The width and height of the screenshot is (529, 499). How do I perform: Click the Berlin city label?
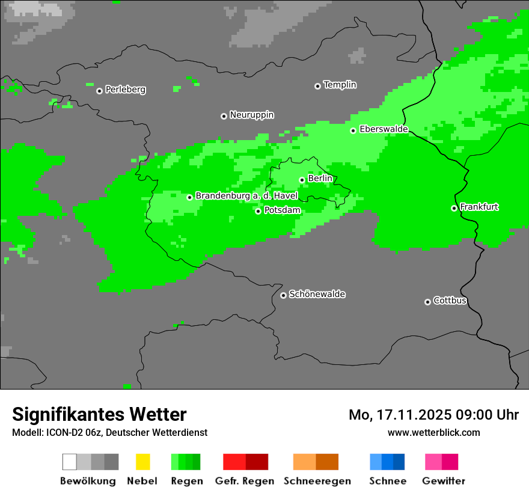pyautogui.click(x=320, y=179)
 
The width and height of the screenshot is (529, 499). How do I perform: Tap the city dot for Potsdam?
pyautogui.click(x=258, y=211)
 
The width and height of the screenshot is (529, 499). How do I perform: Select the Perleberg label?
pyautogui.click(x=125, y=90)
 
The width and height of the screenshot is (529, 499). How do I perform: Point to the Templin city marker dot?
pyautogui.click(x=317, y=86)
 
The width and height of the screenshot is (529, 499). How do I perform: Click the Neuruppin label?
pyautogui.click(x=251, y=115)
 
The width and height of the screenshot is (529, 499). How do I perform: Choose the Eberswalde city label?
pyautogui.click(x=384, y=129)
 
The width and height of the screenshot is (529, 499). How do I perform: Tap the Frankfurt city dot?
pyautogui.click(x=454, y=208)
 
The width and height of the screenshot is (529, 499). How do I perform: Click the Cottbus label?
pyautogui.click(x=450, y=301)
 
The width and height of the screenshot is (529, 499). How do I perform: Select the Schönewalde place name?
pyautogui.click(x=317, y=294)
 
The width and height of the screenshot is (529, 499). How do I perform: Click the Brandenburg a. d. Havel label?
pyautogui.click(x=246, y=196)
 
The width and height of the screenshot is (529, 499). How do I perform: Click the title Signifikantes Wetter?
pyautogui.click(x=99, y=414)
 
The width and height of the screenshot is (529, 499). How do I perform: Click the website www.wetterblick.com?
pyautogui.click(x=433, y=432)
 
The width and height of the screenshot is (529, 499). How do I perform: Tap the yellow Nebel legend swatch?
pyautogui.click(x=142, y=462)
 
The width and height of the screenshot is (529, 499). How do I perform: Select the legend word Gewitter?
pyautogui.click(x=443, y=481)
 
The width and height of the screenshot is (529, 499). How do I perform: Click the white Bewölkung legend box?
pyautogui.click(x=70, y=462)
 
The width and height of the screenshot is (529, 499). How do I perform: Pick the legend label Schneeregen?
pyautogui.click(x=317, y=481)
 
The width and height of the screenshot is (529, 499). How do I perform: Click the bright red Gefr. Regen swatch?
pyautogui.click(x=234, y=462)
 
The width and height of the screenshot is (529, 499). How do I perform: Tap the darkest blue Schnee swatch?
pyautogui.click(x=399, y=462)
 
